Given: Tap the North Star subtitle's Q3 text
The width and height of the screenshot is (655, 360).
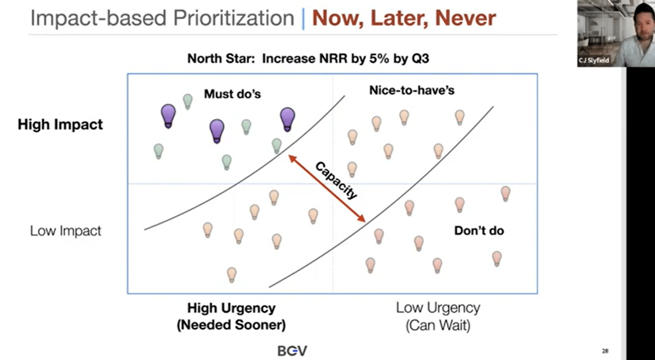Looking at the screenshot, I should pyautogui.click(x=420, y=58).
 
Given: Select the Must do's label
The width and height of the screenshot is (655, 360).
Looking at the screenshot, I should pyautogui.click(x=232, y=94).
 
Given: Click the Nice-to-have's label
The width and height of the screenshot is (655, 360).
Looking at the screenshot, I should pyautogui.click(x=412, y=90).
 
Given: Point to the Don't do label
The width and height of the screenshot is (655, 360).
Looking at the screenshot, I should pyautogui.click(x=479, y=230).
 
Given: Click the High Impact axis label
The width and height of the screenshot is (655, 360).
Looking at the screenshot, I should pyautogui.click(x=60, y=125).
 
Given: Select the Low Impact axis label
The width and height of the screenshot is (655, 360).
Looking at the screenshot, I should pyautogui.click(x=65, y=231).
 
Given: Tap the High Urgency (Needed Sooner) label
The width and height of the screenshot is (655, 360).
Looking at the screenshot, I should pyautogui.click(x=231, y=316).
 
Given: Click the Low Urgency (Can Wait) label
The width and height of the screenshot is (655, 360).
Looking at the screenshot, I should pyautogui.click(x=438, y=316).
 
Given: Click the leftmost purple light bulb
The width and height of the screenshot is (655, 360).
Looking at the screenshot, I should pyautogui.click(x=168, y=115).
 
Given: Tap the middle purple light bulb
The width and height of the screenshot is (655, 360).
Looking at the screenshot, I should pyautogui.click(x=217, y=130).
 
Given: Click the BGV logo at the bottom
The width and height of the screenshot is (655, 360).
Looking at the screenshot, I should pyautogui.click(x=292, y=351).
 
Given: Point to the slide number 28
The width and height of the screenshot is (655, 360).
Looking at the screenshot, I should pyautogui.click(x=605, y=351).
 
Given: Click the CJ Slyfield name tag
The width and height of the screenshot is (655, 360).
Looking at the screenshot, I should pyautogui.click(x=594, y=60).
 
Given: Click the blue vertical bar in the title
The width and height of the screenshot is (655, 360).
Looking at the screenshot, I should pyautogui.click(x=303, y=19).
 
